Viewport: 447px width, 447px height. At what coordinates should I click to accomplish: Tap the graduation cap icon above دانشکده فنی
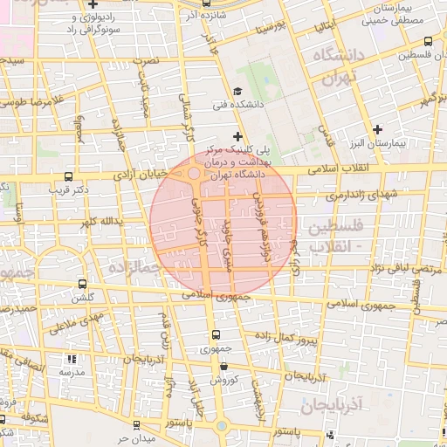point(237,92)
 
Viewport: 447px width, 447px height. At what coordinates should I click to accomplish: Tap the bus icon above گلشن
point(83,284)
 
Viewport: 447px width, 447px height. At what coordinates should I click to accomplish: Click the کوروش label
point(225,380)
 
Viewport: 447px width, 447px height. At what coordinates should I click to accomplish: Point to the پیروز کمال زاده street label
point(285,337)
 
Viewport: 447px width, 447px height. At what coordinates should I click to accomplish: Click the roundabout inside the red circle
point(192,175)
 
